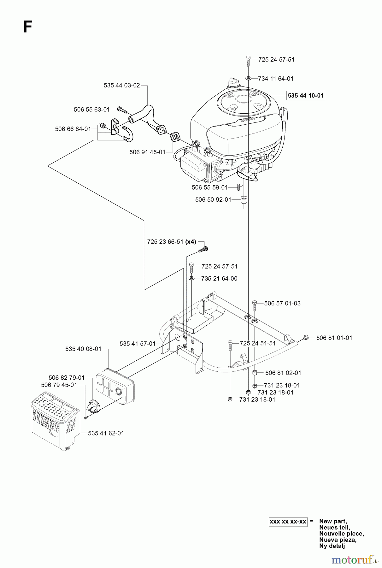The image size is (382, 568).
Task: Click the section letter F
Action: (x=28, y=27)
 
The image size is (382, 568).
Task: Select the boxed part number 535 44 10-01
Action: (x=306, y=96)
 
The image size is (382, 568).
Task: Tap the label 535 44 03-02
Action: (x=121, y=86)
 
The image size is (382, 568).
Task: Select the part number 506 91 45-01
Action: (x=147, y=152)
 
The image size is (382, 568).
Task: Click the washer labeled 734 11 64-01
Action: (x=249, y=79)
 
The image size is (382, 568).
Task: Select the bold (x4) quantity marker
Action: (x=191, y=242)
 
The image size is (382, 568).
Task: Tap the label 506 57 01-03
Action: (x=282, y=303)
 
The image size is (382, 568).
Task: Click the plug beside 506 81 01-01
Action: (x=305, y=338)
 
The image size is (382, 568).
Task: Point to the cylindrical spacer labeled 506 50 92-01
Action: (x=243, y=200)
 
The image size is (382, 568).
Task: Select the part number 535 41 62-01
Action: (x=106, y=433)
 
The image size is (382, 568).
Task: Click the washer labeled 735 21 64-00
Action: (x=191, y=278)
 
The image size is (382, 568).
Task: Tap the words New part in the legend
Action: (x=332, y=521)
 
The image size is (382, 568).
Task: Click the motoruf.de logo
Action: (x=355, y=560)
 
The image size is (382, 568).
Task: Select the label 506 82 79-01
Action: (x=67, y=378)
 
